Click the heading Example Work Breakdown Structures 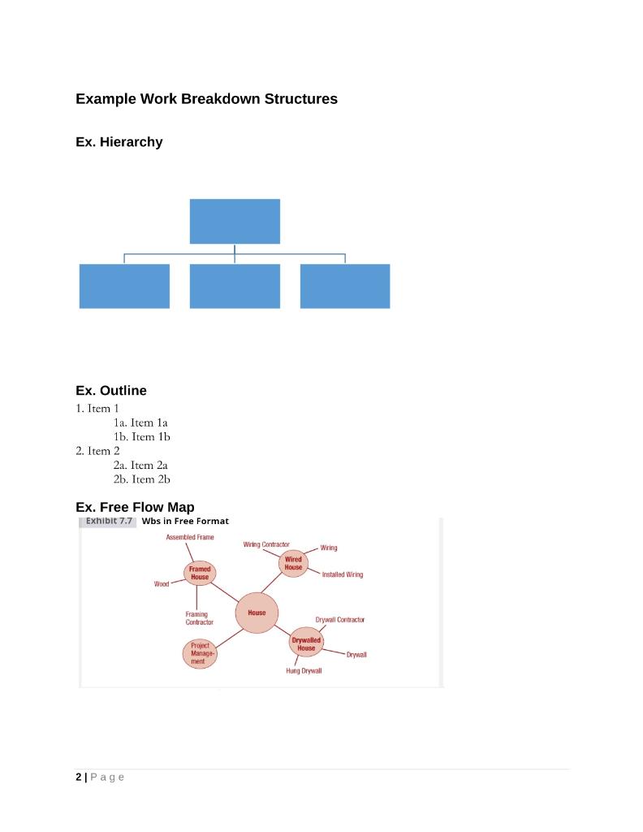[206, 99]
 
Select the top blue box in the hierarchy [235, 221]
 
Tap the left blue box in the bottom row [124, 286]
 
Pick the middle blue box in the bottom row [235, 286]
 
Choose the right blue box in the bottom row [345, 286]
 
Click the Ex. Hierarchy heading [119, 142]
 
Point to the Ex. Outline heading [111, 391]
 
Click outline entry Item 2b [141, 479]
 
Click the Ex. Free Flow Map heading [135, 508]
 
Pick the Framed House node [200, 573]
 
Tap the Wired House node [293, 563]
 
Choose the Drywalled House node [306, 644]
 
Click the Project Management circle [200, 653]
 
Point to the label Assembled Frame [190, 538]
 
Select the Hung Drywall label [304, 671]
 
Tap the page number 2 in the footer [79, 778]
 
